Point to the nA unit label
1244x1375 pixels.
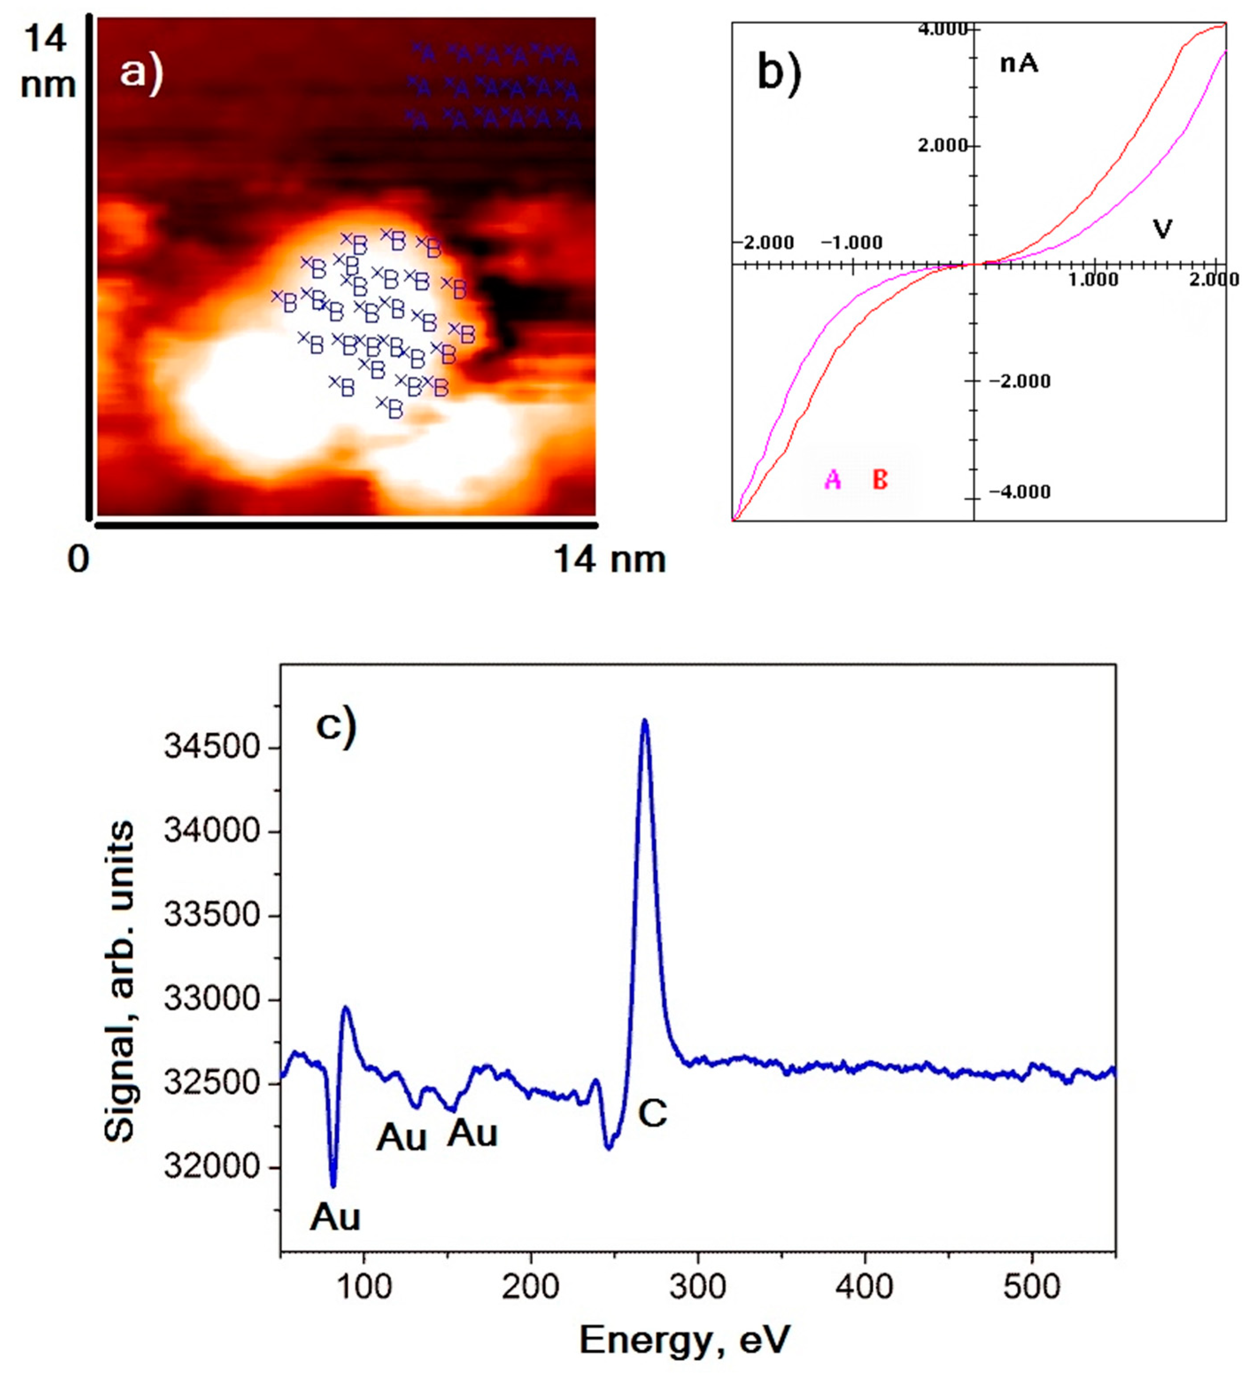tap(1019, 64)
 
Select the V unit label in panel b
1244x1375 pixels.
tap(1162, 230)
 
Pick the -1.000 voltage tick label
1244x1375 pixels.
tap(851, 243)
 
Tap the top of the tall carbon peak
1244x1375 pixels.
tap(645, 722)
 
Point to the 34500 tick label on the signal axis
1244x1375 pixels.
tap(213, 748)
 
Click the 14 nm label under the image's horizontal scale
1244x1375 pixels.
tap(609, 561)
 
